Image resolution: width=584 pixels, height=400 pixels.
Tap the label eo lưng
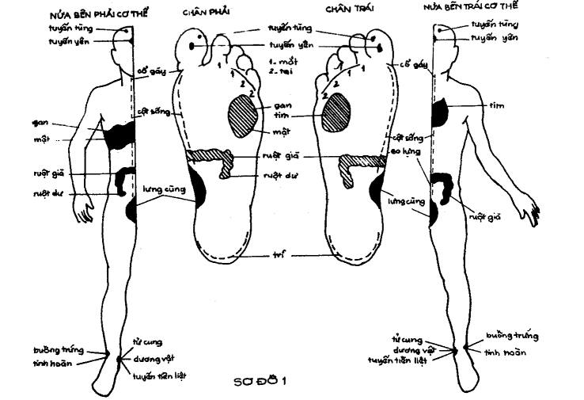(406, 149)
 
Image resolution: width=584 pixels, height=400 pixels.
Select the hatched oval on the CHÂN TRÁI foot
(339, 109)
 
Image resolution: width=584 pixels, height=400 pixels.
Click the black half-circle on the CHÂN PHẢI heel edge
(200, 189)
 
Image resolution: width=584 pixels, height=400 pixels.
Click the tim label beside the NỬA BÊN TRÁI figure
(495, 105)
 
